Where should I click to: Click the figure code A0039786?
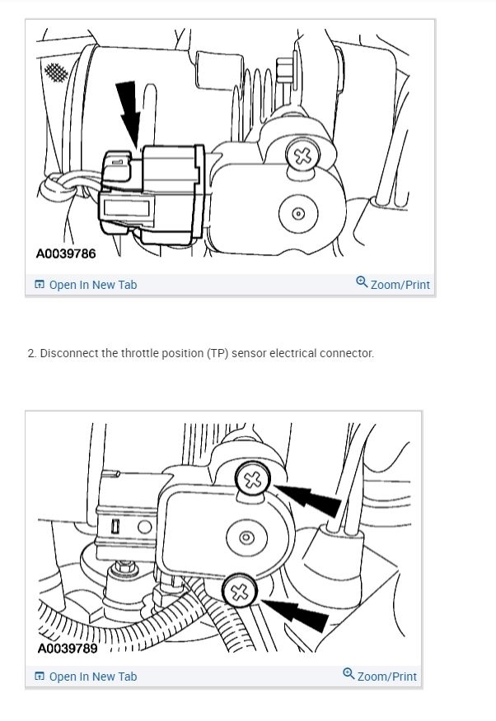pos(66,254)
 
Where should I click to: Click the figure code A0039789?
pos(68,649)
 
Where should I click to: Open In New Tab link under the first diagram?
pos(86,285)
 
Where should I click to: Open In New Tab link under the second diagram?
pos(86,677)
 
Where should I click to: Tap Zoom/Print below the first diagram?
pos(393,284)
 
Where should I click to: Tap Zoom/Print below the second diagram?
pos(380,676)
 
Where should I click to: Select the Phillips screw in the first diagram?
pos(302,156)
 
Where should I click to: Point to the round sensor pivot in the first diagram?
pos(298,214)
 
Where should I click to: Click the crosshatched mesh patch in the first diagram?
pos(56,72)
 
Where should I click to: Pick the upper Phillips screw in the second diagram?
pos(253,480)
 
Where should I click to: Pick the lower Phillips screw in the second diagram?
pos(239,592)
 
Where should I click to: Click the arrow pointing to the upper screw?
pos(308,499)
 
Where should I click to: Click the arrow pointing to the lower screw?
pos(294,614)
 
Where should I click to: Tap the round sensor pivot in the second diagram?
pos(246,537)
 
